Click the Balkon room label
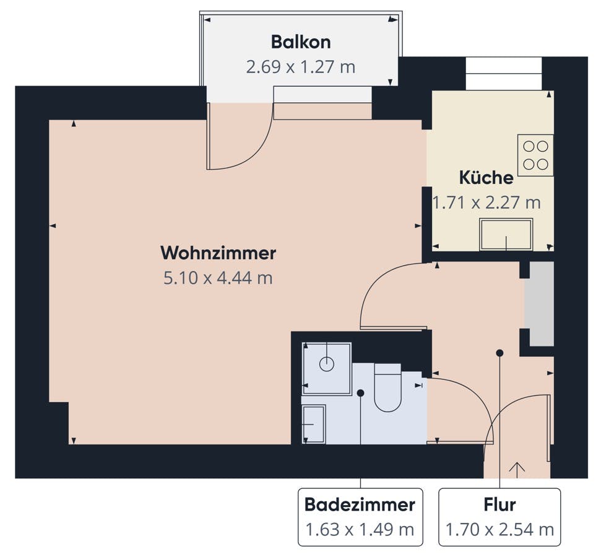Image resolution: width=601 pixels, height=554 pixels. point(301,42)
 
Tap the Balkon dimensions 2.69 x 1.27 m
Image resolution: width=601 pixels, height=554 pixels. point(301,67)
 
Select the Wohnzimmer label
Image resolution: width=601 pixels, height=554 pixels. point(218,253)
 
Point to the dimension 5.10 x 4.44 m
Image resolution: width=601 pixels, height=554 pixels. point(218,278)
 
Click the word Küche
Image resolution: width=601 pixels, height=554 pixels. point(486,178)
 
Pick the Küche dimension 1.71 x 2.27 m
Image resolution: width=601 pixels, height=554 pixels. point(486,203)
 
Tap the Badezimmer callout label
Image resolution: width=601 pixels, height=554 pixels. point(360,504)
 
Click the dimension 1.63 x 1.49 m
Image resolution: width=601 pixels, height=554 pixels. point(360,530)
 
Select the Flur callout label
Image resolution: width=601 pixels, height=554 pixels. point(499,504)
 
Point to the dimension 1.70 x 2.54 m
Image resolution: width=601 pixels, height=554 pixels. point(499,530)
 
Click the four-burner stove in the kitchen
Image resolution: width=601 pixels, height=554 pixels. point(535,156)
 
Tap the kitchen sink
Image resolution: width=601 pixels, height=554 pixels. point(506,234)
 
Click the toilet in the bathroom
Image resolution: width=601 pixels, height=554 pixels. point(387,387)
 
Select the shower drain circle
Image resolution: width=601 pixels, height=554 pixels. point(327,364)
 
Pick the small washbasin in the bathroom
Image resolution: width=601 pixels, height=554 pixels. point(314,424)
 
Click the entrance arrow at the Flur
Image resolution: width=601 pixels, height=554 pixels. point(517,470)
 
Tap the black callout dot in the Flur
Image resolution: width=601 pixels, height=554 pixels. point(499,353)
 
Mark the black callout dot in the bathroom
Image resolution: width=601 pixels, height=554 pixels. point(360,393)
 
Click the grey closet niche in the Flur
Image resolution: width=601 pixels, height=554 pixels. point(539,304)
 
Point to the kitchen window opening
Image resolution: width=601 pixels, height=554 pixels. point(504,74)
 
